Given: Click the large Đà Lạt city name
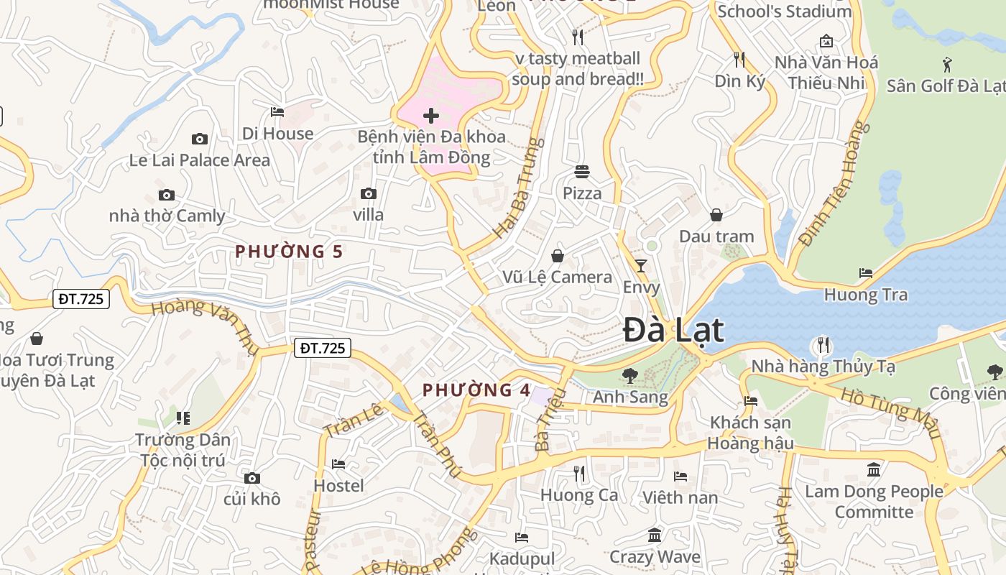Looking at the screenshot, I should pos(673,331).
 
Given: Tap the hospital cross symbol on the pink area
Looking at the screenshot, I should pos(431,116).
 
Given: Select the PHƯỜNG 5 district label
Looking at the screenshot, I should pos(289,252).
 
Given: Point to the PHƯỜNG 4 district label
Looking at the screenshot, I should pos(476,390).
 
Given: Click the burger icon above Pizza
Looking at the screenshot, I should pos(582,172).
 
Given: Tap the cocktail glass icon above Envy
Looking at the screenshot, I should pos(641,266).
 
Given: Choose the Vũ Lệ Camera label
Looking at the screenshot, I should pos(557,277).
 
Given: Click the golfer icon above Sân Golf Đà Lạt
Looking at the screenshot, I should pos(947,65).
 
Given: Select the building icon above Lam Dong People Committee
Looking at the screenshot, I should pos(874,470).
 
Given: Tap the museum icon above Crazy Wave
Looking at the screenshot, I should pos(655,535).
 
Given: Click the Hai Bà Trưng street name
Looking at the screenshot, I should pos(515,188).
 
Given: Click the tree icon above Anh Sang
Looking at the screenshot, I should pos(630,375).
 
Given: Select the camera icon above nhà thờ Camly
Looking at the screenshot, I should pos(167,195).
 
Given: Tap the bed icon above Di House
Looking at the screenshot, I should pos(277,112).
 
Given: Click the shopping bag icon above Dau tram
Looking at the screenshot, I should pos(716,215).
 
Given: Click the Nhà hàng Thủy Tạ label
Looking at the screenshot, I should pos(823,367).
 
